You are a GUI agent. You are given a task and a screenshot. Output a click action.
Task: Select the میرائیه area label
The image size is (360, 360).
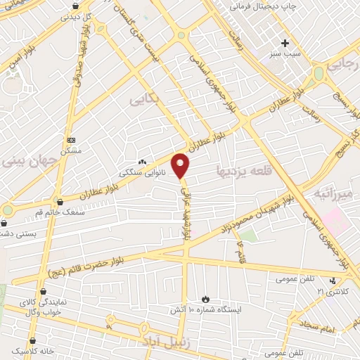(x=331, y=193)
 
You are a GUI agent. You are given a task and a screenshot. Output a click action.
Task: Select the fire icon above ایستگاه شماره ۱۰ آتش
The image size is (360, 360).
(x=205, y=299)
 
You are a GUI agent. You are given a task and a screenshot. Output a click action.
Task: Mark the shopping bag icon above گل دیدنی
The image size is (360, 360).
(x=75, y=4)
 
